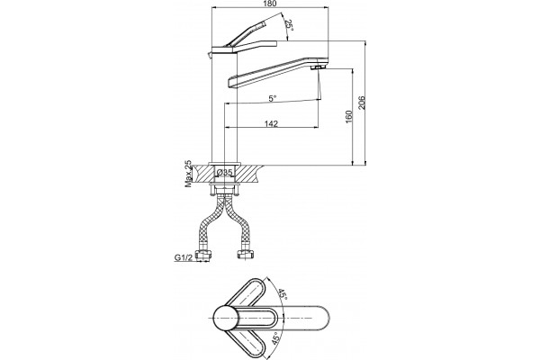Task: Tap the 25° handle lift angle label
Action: point(290,25)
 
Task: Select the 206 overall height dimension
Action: point(362,103)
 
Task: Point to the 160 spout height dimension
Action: point(349,116)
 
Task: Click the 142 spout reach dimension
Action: point(271,123)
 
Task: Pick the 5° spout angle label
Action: point(273,98)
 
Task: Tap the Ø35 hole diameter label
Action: point(225,172)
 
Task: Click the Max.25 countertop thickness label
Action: point(188,174)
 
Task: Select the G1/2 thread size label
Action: point(183,257)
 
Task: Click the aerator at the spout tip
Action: point(319,67)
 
